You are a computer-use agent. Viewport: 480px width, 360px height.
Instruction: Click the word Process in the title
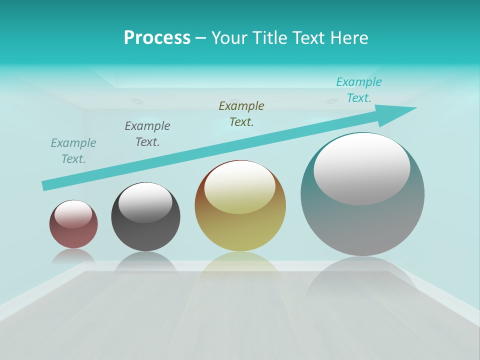(x=157, y=38)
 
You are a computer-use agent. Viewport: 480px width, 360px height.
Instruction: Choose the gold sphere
(x=240, y=227)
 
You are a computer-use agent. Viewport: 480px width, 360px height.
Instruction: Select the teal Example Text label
(x=359, y=90)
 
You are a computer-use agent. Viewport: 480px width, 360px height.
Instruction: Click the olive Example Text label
(x=241, y=114)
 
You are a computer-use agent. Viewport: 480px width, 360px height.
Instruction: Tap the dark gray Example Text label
(x=147, y=134)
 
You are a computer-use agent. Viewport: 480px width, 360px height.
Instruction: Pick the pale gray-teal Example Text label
(x=73, y=151)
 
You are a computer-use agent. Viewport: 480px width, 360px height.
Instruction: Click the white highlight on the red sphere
(x=73, y=213)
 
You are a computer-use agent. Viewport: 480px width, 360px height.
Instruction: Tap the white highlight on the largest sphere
(x=361, y=169)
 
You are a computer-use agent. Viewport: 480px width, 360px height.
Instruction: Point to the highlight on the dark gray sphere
(x=145, y=202)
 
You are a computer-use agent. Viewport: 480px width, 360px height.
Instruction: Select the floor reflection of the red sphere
(x=73, y=256)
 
